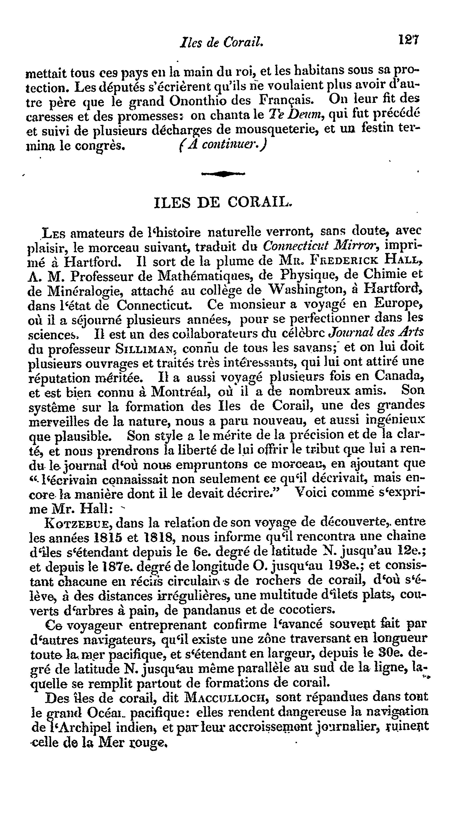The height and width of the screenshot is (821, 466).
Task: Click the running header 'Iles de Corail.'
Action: pos(222,42)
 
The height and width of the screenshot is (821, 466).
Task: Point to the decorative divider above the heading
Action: pos(223,174)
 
